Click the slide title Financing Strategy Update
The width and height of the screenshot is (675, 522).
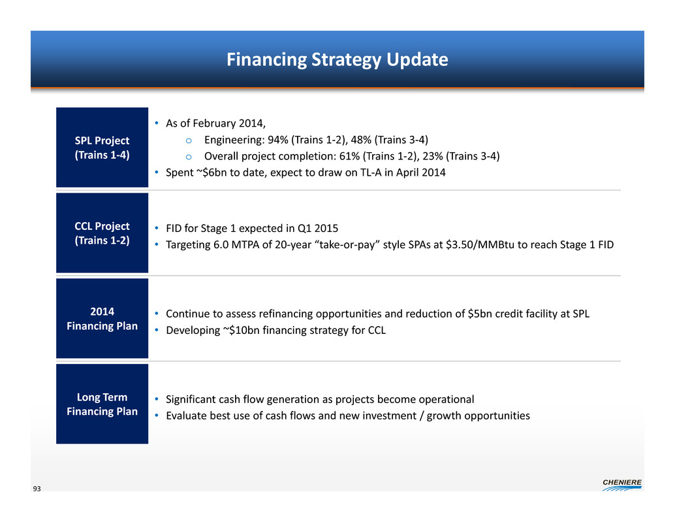(x=337, y=59)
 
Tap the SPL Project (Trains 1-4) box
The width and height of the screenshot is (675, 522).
(x=102, y=147)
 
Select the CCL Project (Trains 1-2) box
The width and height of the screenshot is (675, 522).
(x=102, y=233)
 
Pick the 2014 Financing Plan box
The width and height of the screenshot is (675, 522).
(x=102, y=318)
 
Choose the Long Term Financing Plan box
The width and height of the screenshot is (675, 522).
(x=102, y=404)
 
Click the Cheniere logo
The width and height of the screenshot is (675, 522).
(x=622, y=485)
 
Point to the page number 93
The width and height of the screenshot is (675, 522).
(x=37, y=489)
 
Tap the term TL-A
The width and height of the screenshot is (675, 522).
(x=368, y=172)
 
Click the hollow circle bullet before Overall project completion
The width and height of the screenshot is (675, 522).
(x=189, y=157)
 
